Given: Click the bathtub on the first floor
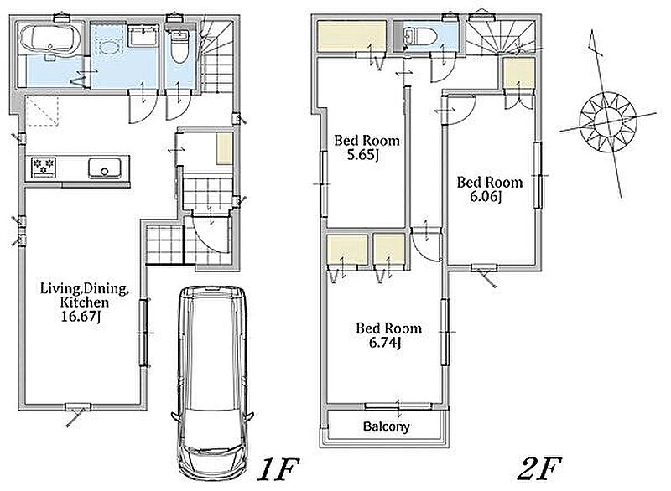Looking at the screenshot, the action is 50,40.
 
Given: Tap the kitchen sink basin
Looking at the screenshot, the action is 104,168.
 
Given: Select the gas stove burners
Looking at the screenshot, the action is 44,168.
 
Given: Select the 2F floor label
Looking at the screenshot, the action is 538,469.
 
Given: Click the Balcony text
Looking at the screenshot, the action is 387,426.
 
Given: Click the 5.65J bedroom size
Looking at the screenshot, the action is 363,155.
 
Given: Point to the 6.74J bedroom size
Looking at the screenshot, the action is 385,343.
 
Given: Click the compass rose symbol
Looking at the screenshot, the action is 607,121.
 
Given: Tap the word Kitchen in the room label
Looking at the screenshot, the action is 85,302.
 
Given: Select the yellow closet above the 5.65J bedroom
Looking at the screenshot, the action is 351,38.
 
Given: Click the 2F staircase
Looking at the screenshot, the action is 501,38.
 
